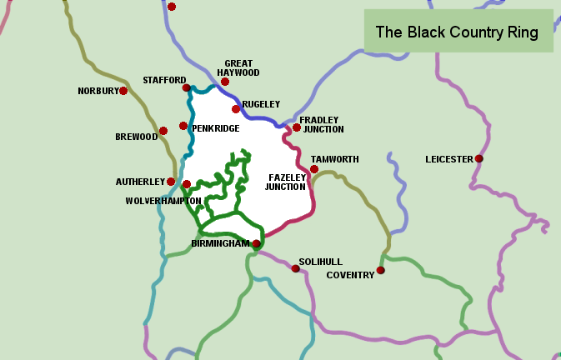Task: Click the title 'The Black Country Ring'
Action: coord(457,32)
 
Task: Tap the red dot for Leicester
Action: coord(478,158)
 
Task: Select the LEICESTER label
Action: coord(448,159)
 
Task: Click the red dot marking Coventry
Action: coord(380,270)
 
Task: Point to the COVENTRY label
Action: coord(350,275)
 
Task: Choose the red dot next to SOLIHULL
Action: coord(295,268)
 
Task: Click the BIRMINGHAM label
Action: coord(220,244)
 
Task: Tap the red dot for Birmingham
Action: coord(256,244)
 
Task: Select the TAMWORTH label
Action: coord(334,159)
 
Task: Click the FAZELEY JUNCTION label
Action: coord(287,182)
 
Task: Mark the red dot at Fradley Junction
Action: coord(296,127)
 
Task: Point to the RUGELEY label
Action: coord(260,104)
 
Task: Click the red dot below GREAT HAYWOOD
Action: coord(225,82)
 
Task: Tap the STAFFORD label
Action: coord(164,80)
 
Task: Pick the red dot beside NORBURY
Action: coord(123,91)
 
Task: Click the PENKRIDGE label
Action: coord(216,128)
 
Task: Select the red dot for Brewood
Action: coord(163,130)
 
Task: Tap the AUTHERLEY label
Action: coord(140,182)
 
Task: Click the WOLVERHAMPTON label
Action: coord(163,201)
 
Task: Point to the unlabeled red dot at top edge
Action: coord(172,7)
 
